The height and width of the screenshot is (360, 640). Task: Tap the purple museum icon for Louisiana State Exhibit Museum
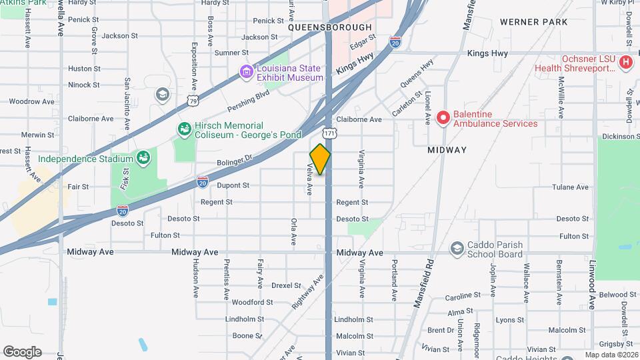point(247,71)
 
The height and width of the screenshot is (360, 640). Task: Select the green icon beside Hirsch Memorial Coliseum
point(183,128)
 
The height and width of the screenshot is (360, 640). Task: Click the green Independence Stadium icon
point(142,158)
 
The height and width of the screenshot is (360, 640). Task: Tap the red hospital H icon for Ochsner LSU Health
point(625,63)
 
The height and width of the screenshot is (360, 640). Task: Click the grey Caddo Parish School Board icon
point(457,249)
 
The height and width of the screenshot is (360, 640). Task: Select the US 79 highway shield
point(193,101)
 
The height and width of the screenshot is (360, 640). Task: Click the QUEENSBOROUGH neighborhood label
point(329,27)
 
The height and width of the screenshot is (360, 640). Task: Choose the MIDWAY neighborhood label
point(447,150)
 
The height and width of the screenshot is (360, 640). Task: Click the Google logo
point(22,352)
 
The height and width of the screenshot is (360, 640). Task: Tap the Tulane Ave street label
point(574,187)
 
